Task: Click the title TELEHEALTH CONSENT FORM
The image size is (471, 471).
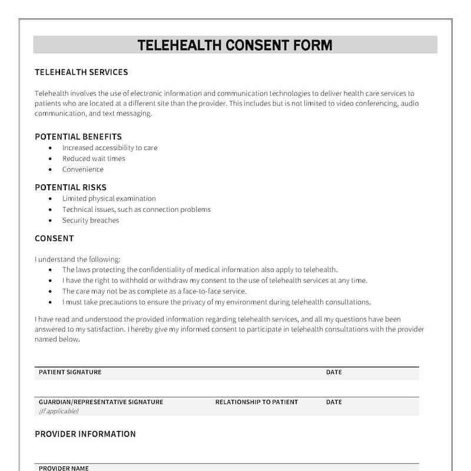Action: tap(235, 45)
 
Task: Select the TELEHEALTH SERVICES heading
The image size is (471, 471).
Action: tap(81, 72)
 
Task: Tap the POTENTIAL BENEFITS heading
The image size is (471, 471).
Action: tap(78, 137)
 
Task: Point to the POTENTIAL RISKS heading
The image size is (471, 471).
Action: tap(71, 188)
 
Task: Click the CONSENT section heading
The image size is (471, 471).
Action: tap(54, 238)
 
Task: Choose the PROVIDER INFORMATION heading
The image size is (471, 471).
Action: tap(85, 434)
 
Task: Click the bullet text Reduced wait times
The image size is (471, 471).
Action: tap(94, 158)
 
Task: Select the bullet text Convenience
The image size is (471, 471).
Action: tap(83, 170)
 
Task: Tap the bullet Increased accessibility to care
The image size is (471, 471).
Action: tap(110, 148)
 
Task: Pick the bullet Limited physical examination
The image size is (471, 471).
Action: tap(109, 199)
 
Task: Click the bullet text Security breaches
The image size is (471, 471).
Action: tap(91, 221)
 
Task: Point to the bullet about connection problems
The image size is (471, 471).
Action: tap(136, 210)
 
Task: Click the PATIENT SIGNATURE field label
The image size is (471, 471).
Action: tap(70, 372)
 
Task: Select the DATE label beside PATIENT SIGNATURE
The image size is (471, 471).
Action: tap(334, 372)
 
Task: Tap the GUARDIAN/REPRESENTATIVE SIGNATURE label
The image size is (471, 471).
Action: tap(101, 402)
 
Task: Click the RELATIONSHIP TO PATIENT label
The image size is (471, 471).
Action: tap(257, 402)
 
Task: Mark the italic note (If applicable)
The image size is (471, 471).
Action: tap(58, 411)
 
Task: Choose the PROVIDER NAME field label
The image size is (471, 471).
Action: tap(64, 468)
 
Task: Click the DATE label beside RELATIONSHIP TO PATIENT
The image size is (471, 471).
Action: tap(334, 402)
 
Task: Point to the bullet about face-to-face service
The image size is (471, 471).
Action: tap(154, 291)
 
